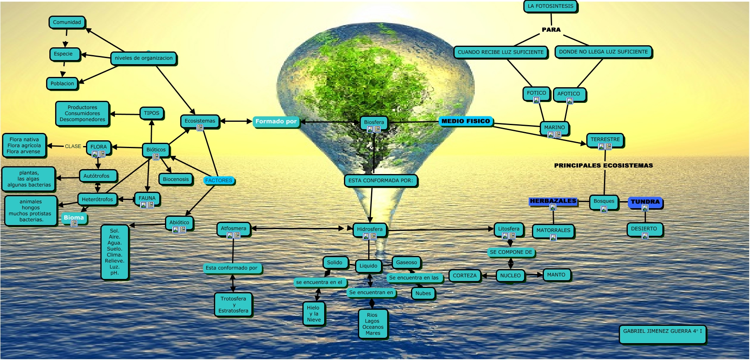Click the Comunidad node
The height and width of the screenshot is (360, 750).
67,22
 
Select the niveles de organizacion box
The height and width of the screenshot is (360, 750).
144,58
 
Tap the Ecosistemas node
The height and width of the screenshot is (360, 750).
200,121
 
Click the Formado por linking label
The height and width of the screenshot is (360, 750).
276,121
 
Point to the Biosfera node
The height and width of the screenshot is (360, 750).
374,122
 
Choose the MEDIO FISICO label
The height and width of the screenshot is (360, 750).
466,121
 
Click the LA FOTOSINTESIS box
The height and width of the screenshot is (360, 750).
550,6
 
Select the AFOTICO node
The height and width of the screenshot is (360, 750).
569,94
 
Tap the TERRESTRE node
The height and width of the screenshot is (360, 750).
605,139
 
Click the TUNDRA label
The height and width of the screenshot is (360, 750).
645,202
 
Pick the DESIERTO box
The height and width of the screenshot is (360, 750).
644,229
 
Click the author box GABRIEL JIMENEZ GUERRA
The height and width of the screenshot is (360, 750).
662,334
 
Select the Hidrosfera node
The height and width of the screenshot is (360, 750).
369,229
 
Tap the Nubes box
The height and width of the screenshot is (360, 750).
423,293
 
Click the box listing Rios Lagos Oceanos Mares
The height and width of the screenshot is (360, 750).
373,324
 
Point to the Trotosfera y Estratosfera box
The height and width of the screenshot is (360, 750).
233,304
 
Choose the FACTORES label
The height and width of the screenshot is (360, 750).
218,181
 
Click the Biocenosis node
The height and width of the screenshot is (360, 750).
176,179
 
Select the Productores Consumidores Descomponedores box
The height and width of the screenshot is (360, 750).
82,114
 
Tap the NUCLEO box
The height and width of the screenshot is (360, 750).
511,276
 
